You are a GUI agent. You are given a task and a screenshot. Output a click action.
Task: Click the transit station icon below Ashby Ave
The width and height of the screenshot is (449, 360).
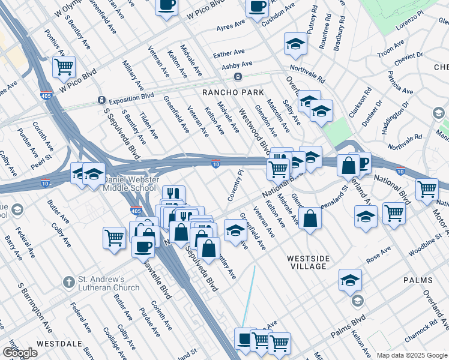click(238, 77)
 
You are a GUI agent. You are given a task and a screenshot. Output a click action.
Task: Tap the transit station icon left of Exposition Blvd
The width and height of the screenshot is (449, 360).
click(101, 100)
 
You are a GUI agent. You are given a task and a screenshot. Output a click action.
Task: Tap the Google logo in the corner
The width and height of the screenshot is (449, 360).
click(19, 353)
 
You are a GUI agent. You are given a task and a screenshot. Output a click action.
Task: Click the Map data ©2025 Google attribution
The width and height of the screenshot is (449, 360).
click(411, 355)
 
